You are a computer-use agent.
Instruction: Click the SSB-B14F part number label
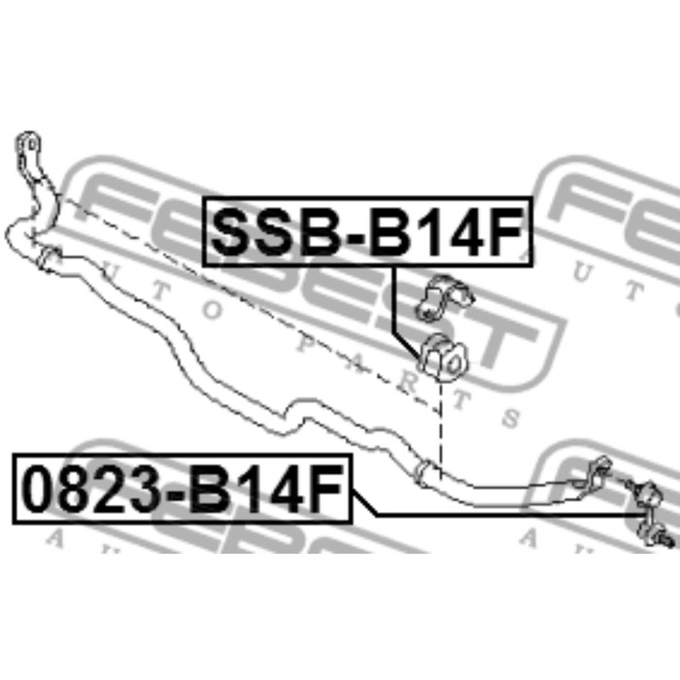367,231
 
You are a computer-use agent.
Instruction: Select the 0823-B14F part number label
183,489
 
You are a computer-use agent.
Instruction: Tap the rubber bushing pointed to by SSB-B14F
443,357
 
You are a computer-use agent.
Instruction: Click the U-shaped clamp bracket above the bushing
444,298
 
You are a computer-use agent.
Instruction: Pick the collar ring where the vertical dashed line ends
425,472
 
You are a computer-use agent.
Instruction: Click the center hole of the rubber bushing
454,364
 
